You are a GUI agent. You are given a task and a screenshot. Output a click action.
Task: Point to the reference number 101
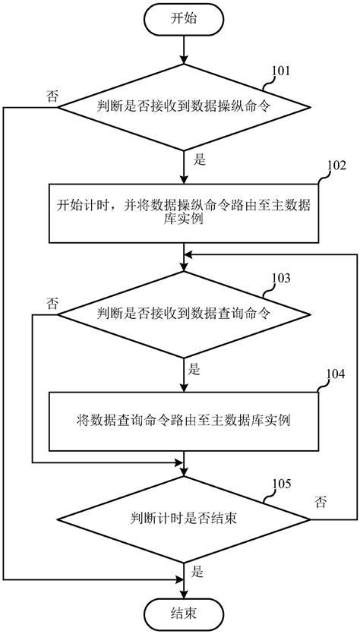point(282,71)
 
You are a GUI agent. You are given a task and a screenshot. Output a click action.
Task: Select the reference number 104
point(335,374)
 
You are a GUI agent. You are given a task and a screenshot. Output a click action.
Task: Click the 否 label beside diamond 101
point(52,96)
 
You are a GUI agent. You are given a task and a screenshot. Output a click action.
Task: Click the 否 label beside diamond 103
point(52,303)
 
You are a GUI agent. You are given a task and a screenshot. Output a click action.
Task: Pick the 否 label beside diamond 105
point(321,502)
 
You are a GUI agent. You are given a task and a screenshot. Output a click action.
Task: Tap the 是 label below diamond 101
point(201,160)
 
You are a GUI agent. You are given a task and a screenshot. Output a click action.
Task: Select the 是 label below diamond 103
point(194,370)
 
